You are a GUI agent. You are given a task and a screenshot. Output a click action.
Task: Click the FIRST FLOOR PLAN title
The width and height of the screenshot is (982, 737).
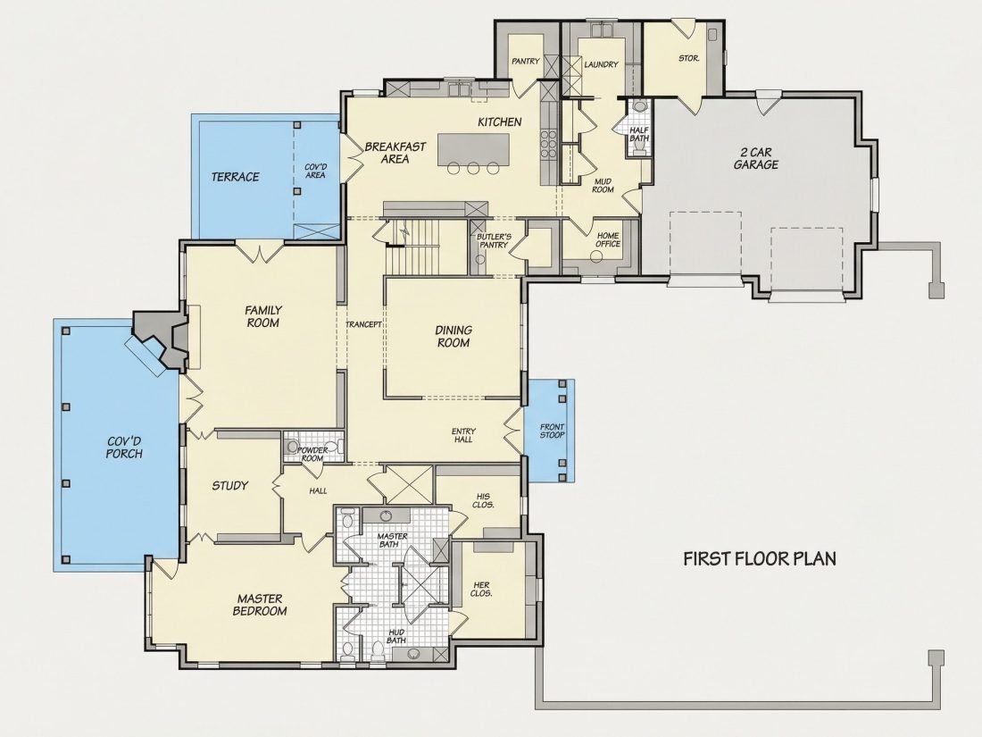pyautogui.click(x=759, y=558)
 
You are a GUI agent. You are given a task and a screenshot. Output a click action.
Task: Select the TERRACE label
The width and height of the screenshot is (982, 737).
pyautogui.click(x=235, y=177)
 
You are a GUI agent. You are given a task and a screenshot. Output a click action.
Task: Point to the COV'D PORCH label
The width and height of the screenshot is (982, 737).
pyautogui.click(x=124, y=447)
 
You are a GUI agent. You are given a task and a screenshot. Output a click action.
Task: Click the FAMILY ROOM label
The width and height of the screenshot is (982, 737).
pyautogui.click(x=263, y=316)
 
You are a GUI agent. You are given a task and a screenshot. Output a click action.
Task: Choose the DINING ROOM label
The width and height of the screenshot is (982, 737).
pyautogui.click(x=454, y=337)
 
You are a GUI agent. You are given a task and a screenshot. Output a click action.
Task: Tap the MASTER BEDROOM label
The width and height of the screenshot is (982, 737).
pyautogui.click(x=260, y=605)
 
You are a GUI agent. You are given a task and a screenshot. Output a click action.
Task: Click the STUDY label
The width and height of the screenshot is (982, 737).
pyautogui.click(x=229, y=486)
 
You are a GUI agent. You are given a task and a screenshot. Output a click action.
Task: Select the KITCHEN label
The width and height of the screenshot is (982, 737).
pyautogui.click(x=500, y=122)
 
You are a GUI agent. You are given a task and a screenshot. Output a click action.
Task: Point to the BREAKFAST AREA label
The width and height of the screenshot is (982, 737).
pyautogui.click(x=395, y=152)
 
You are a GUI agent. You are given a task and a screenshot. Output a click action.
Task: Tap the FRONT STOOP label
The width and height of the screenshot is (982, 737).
pyautogui.click(x=552, y=431)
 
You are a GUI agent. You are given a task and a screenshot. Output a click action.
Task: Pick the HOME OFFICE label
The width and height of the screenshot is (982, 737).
pyautogui.click(x=607, y=240)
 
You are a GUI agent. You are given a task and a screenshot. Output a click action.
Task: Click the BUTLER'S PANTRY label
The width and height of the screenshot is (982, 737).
pyautogui.click(x=495, y=241)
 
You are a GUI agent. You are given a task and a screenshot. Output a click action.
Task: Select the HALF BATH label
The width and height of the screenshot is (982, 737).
pyautogui.click(x=639, y=134)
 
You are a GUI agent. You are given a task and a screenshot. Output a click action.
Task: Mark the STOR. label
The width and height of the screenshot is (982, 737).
pyautogui.click(x=688, y=58)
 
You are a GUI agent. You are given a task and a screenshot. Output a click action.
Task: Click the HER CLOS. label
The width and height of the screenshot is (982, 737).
pyautogui.click(x=481, y=589)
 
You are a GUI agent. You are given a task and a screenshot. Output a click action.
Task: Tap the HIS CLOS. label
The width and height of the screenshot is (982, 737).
pyautogui.click(x=483, y=501)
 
